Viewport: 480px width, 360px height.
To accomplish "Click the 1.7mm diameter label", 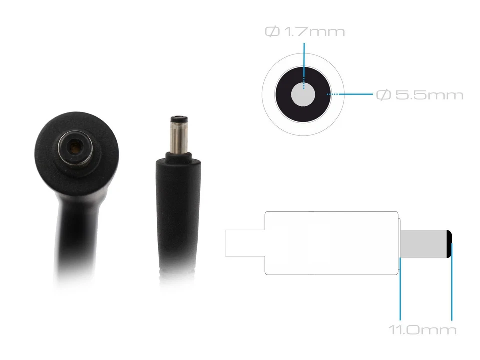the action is click(305, 32).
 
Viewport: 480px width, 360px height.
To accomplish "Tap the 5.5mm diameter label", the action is click(419, 95).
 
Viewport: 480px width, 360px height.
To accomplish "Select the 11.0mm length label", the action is click(423, 330).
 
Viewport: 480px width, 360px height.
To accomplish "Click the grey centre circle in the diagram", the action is click(303, 95).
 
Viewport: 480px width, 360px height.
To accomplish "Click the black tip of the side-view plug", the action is click(449, 244).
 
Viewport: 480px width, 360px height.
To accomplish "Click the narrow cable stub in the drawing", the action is click(245, 243).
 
